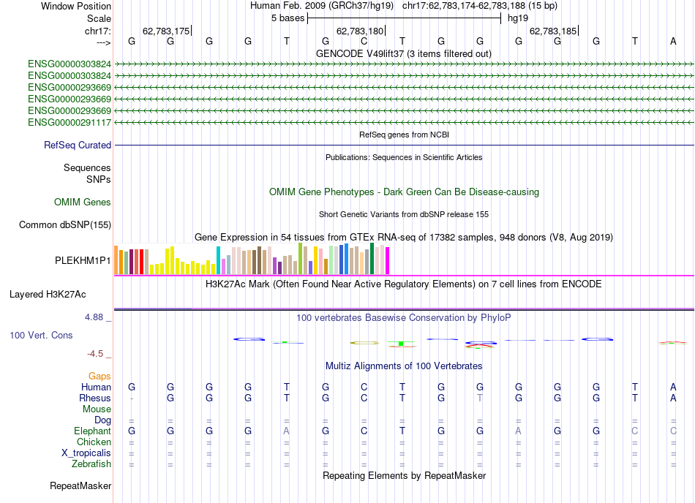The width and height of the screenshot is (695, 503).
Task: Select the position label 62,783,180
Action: [x=360, y=31]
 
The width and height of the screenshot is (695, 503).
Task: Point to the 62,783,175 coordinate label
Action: [x=166, y=31]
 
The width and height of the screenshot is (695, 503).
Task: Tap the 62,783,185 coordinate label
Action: [x=553, y=31]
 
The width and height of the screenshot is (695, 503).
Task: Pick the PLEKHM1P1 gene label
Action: [x=83, y=260]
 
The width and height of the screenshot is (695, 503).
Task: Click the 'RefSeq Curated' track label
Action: [x=78, y=145]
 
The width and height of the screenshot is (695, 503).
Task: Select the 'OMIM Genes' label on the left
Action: [x=83, y=202]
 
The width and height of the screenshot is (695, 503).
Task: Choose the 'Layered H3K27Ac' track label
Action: [x=48, y=295]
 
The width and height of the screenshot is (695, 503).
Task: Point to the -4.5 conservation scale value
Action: [x=95, y=354]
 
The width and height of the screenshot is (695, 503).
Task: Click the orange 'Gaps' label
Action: [x=99, y=376]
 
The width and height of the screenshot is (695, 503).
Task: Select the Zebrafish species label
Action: [x=91, y=464]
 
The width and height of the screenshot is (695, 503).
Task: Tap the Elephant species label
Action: [x=91, y=431]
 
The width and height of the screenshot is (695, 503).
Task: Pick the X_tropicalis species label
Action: [x=86, y=453]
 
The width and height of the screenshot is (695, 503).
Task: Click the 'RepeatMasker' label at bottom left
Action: [x=80, y=485]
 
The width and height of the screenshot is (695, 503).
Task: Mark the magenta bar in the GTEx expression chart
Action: [x=387, y=261]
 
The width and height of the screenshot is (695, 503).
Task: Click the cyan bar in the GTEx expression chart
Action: [x=218, y=260]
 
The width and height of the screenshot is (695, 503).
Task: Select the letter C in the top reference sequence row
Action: [x=364, y=42]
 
